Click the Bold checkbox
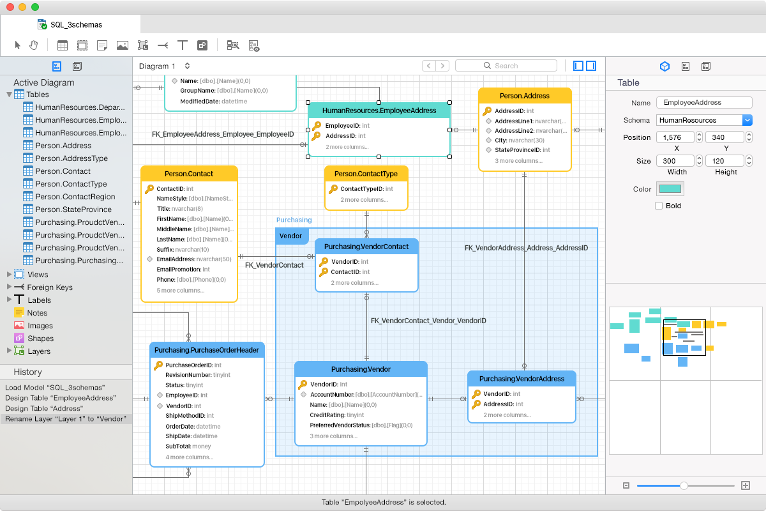(659, 206)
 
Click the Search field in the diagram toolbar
(506, 66)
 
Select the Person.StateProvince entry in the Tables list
(73, 210)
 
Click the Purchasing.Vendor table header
(361, 369)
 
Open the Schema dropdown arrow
(747, 120)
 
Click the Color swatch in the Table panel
(670, 189)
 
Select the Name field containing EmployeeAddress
(704, 103)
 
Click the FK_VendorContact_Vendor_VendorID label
(428, 321)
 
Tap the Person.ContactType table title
(366, 174)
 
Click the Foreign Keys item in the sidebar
(49, 287)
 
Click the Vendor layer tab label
(291, 236)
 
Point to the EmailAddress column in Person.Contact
(176, 259)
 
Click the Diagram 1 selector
(164, 66)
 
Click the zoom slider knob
(684, 485)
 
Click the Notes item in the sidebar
(37, 313)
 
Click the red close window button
(10, 7)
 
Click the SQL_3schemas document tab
(76, 25)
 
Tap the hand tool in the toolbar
(34, 45)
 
